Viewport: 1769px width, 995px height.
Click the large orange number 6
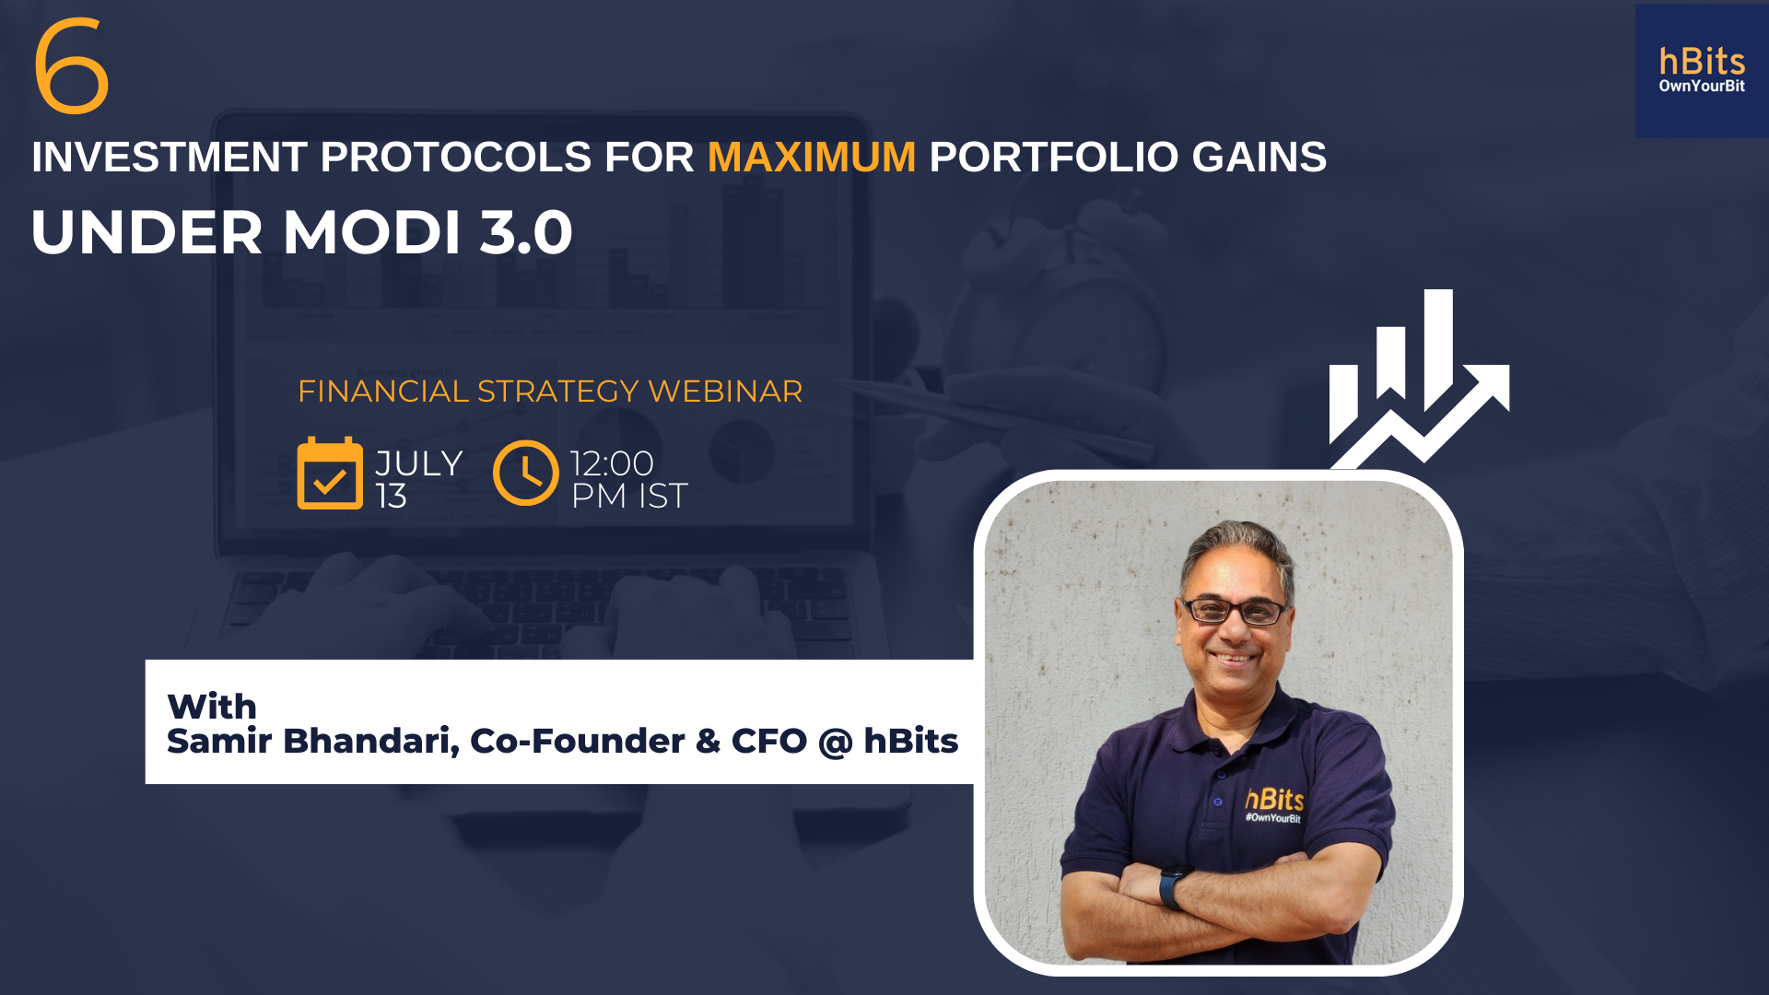(71, 66)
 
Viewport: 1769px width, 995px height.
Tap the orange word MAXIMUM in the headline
(812, 158)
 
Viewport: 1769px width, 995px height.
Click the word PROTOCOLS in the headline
(455, 158)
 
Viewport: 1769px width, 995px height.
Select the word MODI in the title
(371, 232)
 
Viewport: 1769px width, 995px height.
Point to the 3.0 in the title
(526, 232)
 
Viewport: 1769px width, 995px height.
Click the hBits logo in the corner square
(1702, 62)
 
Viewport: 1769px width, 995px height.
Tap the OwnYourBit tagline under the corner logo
(1702, 86)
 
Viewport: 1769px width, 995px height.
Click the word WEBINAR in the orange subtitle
(725, 392)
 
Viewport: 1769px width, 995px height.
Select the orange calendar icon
(330, 473)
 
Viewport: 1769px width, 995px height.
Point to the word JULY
(419, 463)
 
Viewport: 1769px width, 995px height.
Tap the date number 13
(392, 497)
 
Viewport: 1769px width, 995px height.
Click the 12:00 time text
(612, 463)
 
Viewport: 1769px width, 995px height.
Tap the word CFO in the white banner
(769, 741)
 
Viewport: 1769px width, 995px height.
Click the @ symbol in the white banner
(836, 742)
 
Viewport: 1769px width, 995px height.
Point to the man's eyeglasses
(1235, 610)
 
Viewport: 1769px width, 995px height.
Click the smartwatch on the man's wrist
(1172, 888)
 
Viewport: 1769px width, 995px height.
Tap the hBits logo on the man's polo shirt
(1275, 804)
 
